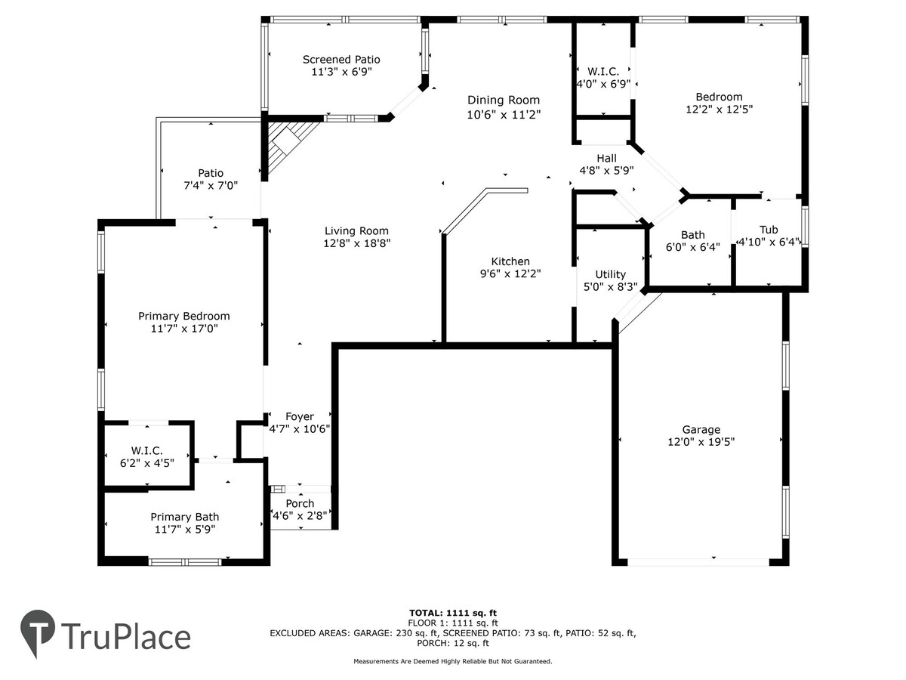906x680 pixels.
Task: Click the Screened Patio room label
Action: pyautogui.click(x=341, y=60)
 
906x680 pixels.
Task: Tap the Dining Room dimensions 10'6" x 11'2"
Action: pyautogui.click(x=503, y=114)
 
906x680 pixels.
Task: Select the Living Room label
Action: pyautogui.click(x=356, y=230)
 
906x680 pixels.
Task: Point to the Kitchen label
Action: pyautogui.click(x=510, y=261)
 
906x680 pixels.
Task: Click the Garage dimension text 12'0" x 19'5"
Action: pyautogui.click(x=701, y=442)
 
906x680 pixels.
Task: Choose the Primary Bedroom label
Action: pyautogui.click(x=183, y=317)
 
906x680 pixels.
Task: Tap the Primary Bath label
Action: pyautogui.click(x=184, y=517)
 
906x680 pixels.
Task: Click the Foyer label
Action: pyautogui.click(x=300, y=416)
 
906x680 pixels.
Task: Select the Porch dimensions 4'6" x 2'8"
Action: pyautogui.click(x=300, y=515)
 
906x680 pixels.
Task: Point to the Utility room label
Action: pyautogui.click(x=610, y=274)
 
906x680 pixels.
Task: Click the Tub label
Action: pyautogui.click(x=769, y=230)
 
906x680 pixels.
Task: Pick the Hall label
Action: pyautogui.click(x=606, y=158)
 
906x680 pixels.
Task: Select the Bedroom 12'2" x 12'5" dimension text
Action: pyautogui.click(x=719, y=110)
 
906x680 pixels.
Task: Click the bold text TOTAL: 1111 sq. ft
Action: pyautogui.click(x=453, y=613)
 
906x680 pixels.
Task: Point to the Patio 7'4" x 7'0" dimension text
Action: pyautogui.click(x=211, y=185)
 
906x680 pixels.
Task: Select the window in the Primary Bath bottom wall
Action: pyautogui.click(x=185, y=562)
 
